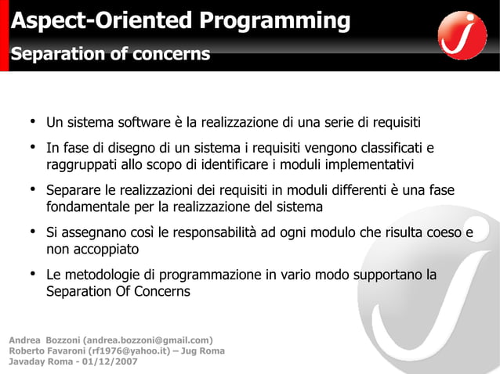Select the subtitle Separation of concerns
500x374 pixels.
click(x=110, y=54)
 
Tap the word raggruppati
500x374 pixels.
click(x=83, y=165)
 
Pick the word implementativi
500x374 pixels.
click(x=362, y=165)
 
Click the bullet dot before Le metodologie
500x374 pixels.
click(x=34, y=275)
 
